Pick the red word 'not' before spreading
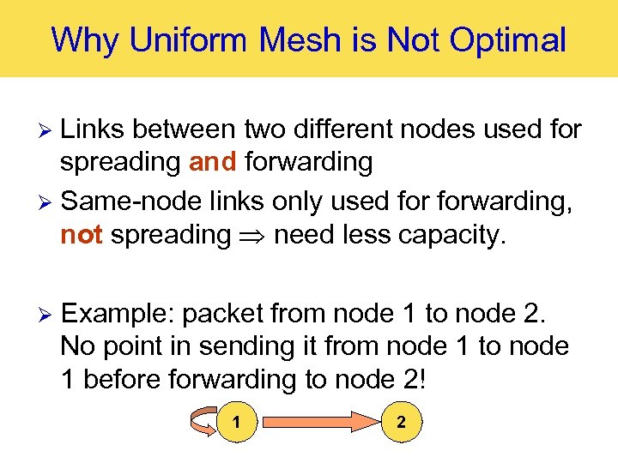click(x=82, y=235)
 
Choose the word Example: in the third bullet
click(x=118, y=314)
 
